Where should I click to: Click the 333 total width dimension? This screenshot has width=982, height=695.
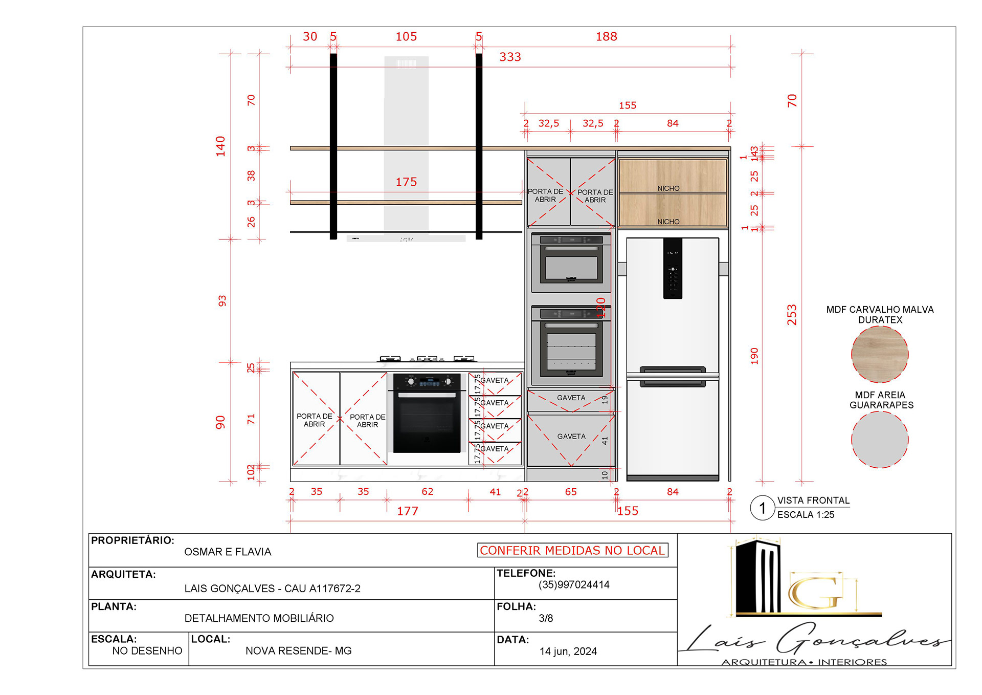point(510,57)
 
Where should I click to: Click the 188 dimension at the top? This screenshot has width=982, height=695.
point(606,36)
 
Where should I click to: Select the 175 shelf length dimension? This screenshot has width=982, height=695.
point(406,182)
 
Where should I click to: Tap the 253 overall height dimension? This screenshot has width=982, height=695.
point(792,315)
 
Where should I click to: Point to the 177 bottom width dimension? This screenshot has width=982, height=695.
point(408,511)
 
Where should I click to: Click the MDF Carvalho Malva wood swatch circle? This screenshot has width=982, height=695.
point(880,354)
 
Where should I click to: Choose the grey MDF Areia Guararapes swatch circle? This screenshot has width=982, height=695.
point(880,440)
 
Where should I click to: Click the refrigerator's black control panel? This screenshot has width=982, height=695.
point(673,268)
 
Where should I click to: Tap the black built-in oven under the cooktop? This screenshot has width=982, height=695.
point(427,414)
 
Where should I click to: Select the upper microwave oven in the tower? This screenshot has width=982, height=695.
point(571,261)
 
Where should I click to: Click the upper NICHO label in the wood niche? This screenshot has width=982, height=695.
point(668,188)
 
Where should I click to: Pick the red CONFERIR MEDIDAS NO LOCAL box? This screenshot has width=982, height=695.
point(572,550)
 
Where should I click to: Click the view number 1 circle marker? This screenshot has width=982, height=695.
point(762,508)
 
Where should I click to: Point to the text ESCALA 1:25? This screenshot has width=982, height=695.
point(806,515)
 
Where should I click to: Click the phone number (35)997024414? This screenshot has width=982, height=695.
point(574,584)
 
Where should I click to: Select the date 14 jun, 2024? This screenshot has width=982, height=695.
point(568,651)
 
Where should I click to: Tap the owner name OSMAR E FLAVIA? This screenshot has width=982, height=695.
point(228,552)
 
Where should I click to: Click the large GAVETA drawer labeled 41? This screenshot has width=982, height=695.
point(571,440)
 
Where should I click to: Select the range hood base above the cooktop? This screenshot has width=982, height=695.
point(406,238)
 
